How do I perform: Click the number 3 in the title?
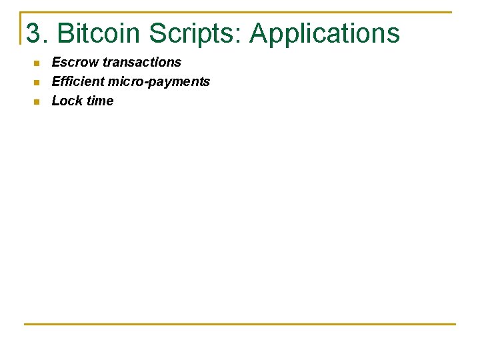[33, 33]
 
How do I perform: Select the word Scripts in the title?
[193, 34]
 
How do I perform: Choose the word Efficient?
[78, 81]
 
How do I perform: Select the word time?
[99, 101]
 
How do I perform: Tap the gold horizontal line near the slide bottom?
[240, 324]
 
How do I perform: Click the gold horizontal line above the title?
[240, 12]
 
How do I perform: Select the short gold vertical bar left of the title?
[21, 28]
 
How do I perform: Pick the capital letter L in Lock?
[55, 101]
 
